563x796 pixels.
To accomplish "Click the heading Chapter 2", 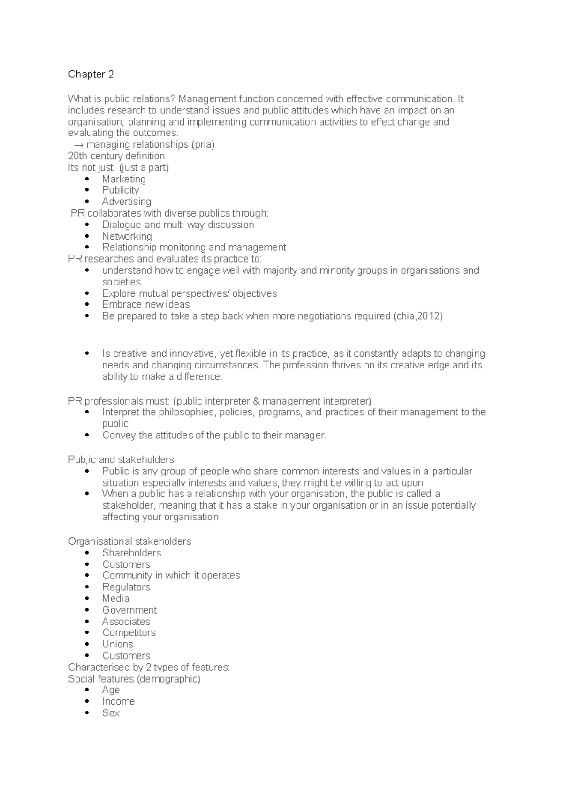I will (x=91, y=74).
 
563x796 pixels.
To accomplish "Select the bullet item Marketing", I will (x=124, y=179).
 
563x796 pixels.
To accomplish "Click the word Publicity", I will (x=121, y=190).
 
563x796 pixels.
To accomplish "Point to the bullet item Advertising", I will (x=127, y=202).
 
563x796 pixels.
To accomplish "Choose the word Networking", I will (x=127, y=236).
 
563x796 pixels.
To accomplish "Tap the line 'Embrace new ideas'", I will (x=146, y=305).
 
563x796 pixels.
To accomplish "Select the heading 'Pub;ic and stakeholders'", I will (x=121, y=459).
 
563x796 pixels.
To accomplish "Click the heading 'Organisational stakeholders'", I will (x=129, y=541).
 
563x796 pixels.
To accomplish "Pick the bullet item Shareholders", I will (x=132, y=553).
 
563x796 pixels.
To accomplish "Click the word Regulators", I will (x=126, y=587).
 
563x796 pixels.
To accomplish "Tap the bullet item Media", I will (x=116, y=599).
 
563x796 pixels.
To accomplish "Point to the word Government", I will (x=129, y=610).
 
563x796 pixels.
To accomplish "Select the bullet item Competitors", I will (x=129, y=633).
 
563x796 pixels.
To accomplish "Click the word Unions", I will (x=118, y=644).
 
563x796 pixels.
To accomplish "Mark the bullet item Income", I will (x=118, y=701).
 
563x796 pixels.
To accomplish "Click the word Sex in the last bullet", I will (x=111, y=713).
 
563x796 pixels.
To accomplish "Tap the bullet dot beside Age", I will (x=87, y=690).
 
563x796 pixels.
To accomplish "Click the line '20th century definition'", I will (x=116, y=156).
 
